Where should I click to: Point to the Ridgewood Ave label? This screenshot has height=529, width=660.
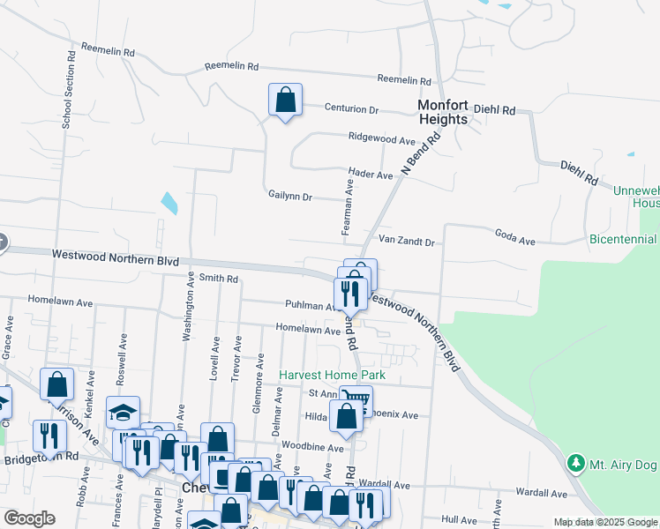[x=381, y=139]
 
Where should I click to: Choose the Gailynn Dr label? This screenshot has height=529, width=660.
[x=290, y=197]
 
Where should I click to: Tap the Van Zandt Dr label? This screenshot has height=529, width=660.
[x=407, y=242]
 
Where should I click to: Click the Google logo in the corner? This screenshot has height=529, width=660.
[x=29, y=518]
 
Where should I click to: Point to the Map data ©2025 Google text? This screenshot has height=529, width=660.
[x=606, y=523]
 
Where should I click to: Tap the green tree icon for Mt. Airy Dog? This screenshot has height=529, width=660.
[x=576, y=462]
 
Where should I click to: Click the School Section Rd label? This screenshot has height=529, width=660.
[x=67, y=89]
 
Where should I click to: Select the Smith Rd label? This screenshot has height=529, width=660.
[x=219, y=279]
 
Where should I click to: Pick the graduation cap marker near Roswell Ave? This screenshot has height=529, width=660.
[x=123, y=413]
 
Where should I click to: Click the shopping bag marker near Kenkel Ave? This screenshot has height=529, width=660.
[x=56, y=385]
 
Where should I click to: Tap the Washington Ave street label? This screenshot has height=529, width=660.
[x=188, y=306]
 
